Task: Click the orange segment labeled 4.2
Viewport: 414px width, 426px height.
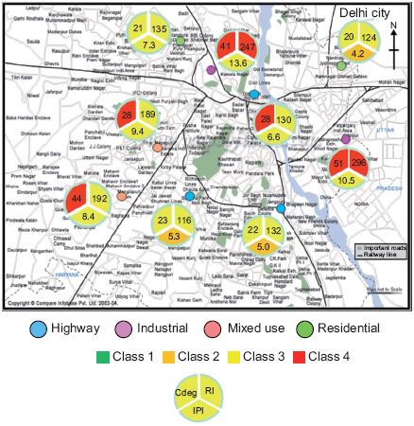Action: [358, 54]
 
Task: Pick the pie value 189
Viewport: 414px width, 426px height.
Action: [147, 115]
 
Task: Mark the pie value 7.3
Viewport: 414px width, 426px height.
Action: [149, 44]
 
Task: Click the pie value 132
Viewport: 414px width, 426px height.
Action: [273, 230]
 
